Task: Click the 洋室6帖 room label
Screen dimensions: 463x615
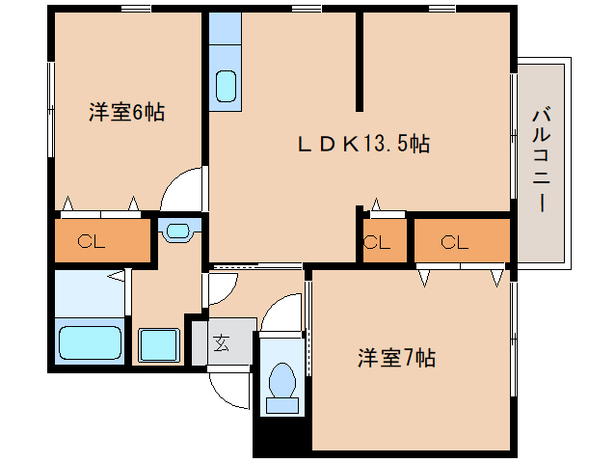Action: pyautogui.click(x=127, y=112)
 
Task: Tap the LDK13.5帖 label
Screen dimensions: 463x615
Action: pyautogui.click(x=361, y=144)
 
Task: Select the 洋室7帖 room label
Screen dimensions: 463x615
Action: pyautogui.click(x=396, y=358)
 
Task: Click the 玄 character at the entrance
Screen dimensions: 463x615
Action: pyautogui.click(x=221, y=343)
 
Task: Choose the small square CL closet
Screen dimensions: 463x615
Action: pyautogui.click(x=376, y=242)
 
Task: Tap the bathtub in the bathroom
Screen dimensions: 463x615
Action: pyautogui.click(x=90, y=342)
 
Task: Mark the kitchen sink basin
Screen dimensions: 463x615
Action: pyautogui.click(x=226, y=86)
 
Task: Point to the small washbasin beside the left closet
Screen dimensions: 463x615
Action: pyautogui.click(x=178, y=231)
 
